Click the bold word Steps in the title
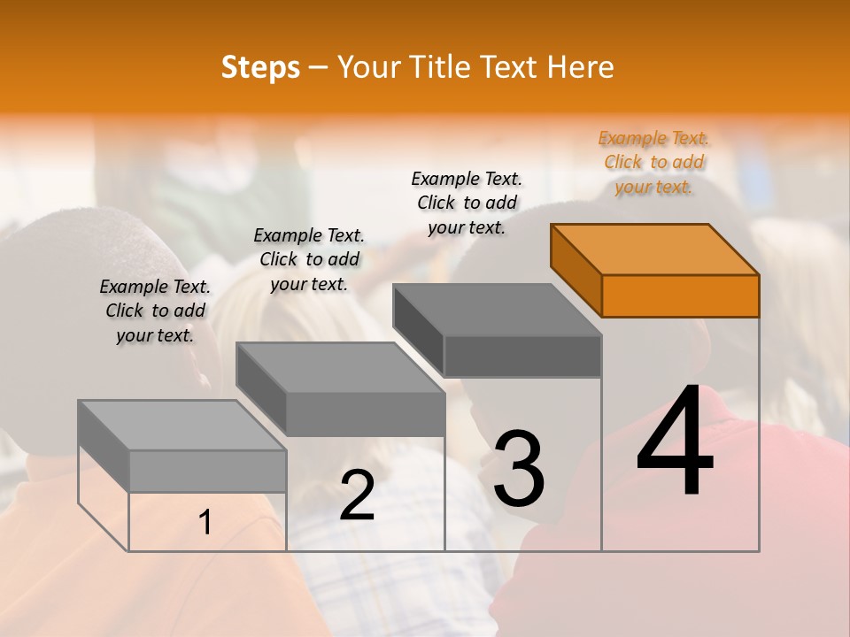pos(260,67)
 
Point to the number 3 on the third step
pos(519,469)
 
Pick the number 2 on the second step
pos(357,496)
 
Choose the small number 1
pos(205,523)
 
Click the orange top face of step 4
pos(655,249)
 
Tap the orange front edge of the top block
pos(680,295)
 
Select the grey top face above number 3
pos(498,310)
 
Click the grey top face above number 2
pos(340,368)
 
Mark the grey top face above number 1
pos(182,426)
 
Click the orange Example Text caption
pos(654,163)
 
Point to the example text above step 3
pos(467,203)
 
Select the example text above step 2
pos(309,259)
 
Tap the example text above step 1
pos(155,311)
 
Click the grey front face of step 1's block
pos(207,471)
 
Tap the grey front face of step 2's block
pos(365,414)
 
